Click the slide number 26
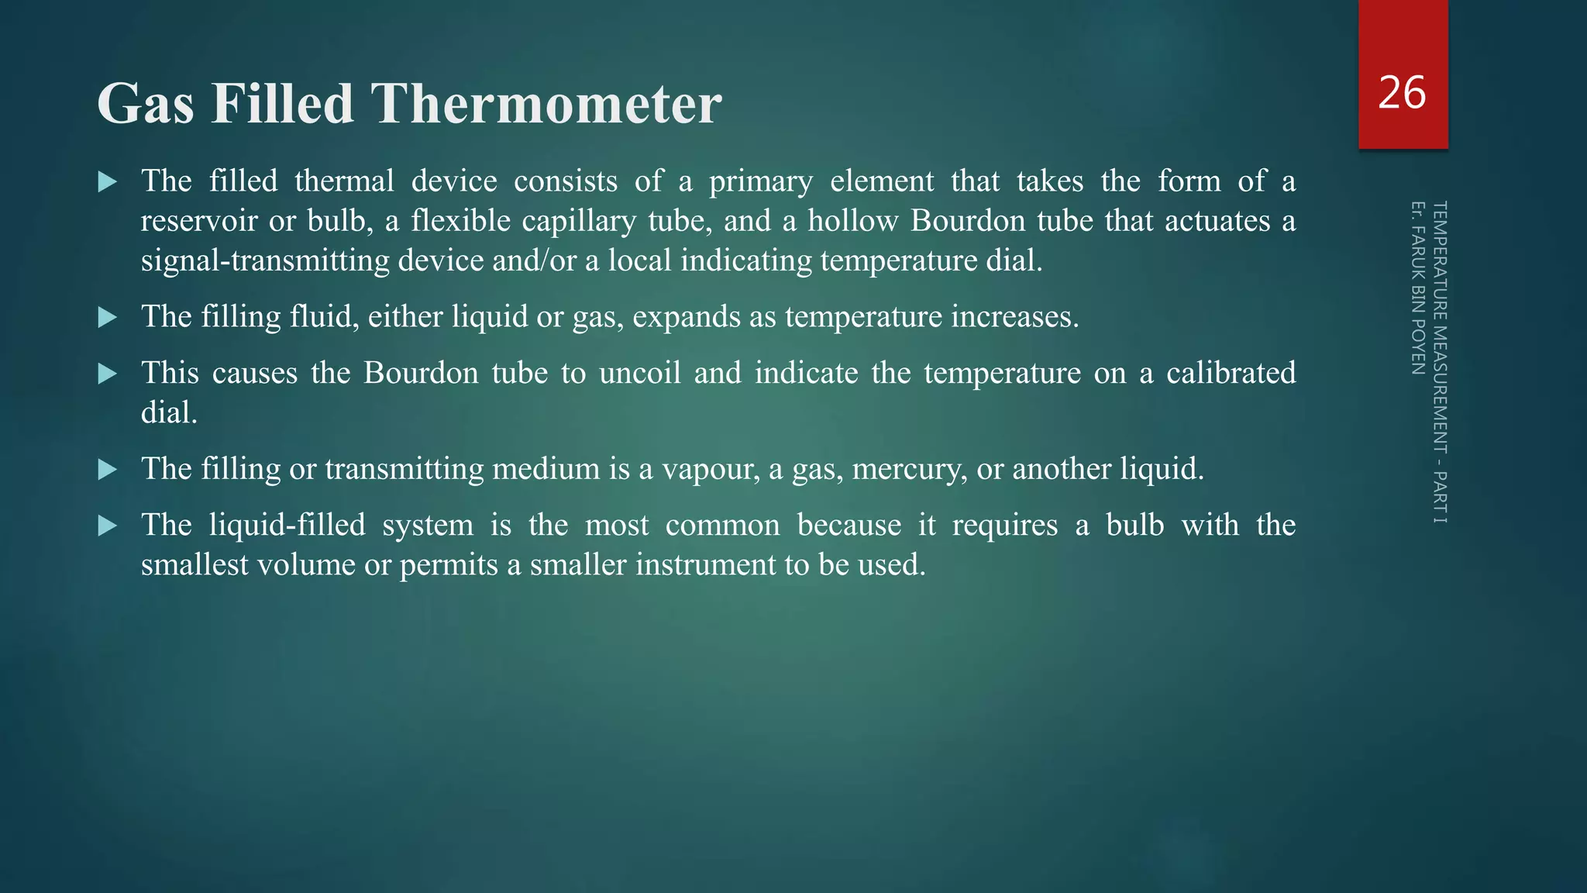tap(1402, 93)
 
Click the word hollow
tap(853, 221)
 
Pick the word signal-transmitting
tap(265, 260)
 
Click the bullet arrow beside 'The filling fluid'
tap(108, 317)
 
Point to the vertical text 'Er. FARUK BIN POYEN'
tap(1418, 288)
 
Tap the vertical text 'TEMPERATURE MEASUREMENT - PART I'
tap(1440, 362)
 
